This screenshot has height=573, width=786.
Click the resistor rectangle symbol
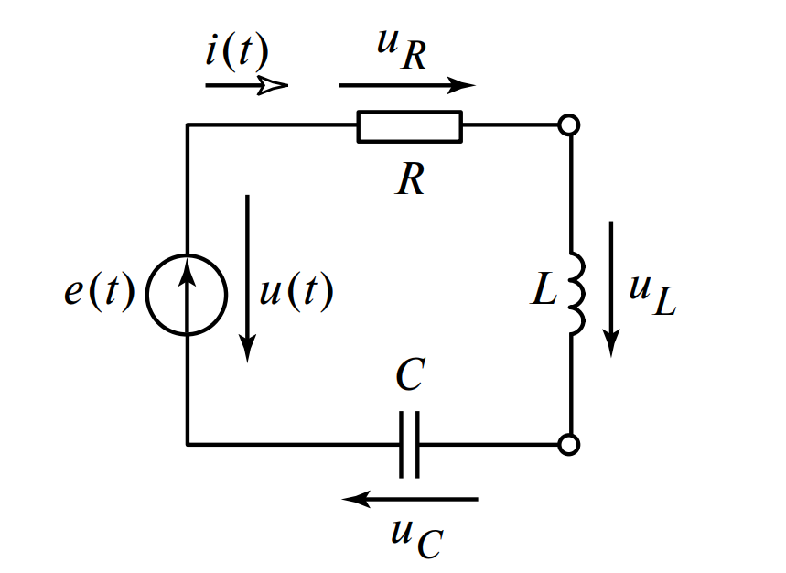click(x=410, y=126)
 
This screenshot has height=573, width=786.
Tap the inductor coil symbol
click(x=576, y=293)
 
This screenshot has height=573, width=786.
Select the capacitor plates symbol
click(x=410, y=445)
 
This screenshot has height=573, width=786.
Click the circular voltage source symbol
click(x=187, y=294)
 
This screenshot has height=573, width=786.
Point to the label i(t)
click(x=235, y=51)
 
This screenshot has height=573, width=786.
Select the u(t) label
click(x=296, y=294)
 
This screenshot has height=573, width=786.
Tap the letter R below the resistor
click(x=410, y=179)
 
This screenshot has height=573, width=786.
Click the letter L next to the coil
click(x=544, y=293)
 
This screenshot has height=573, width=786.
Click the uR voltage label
click(x=403, y=50)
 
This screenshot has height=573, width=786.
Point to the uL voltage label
click(x=651, y=294)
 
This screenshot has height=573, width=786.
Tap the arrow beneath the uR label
click(x=407, y=86)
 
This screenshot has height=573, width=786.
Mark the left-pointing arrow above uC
click(x=410, y=499)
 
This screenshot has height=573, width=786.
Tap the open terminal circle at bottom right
click(x=569, y=445)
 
